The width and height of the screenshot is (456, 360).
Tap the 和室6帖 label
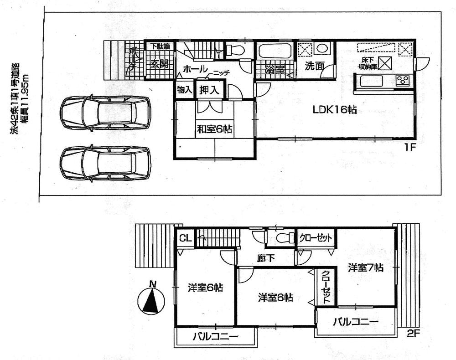click(x=214, y=130)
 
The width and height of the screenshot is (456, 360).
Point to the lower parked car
click(x=105, y=163)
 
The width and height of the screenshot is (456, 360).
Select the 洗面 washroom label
click(x=314, y=66)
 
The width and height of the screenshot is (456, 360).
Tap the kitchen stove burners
click(x=403, y=81)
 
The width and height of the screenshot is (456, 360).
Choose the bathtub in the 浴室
click(x=275, y=51)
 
